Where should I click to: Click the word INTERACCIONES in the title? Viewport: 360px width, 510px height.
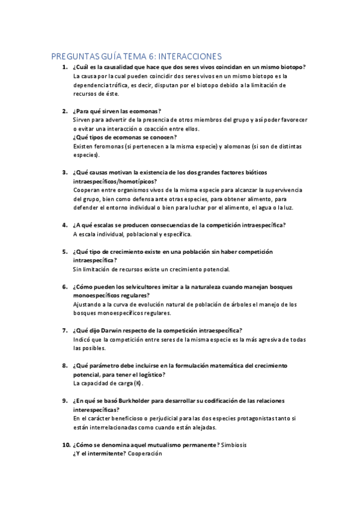point(187,56)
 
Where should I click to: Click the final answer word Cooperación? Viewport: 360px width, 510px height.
point(145,453)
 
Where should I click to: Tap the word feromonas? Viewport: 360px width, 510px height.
point(106,146)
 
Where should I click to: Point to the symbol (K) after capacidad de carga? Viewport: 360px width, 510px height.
point(138,383)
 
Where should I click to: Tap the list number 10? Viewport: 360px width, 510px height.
point(66,444)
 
